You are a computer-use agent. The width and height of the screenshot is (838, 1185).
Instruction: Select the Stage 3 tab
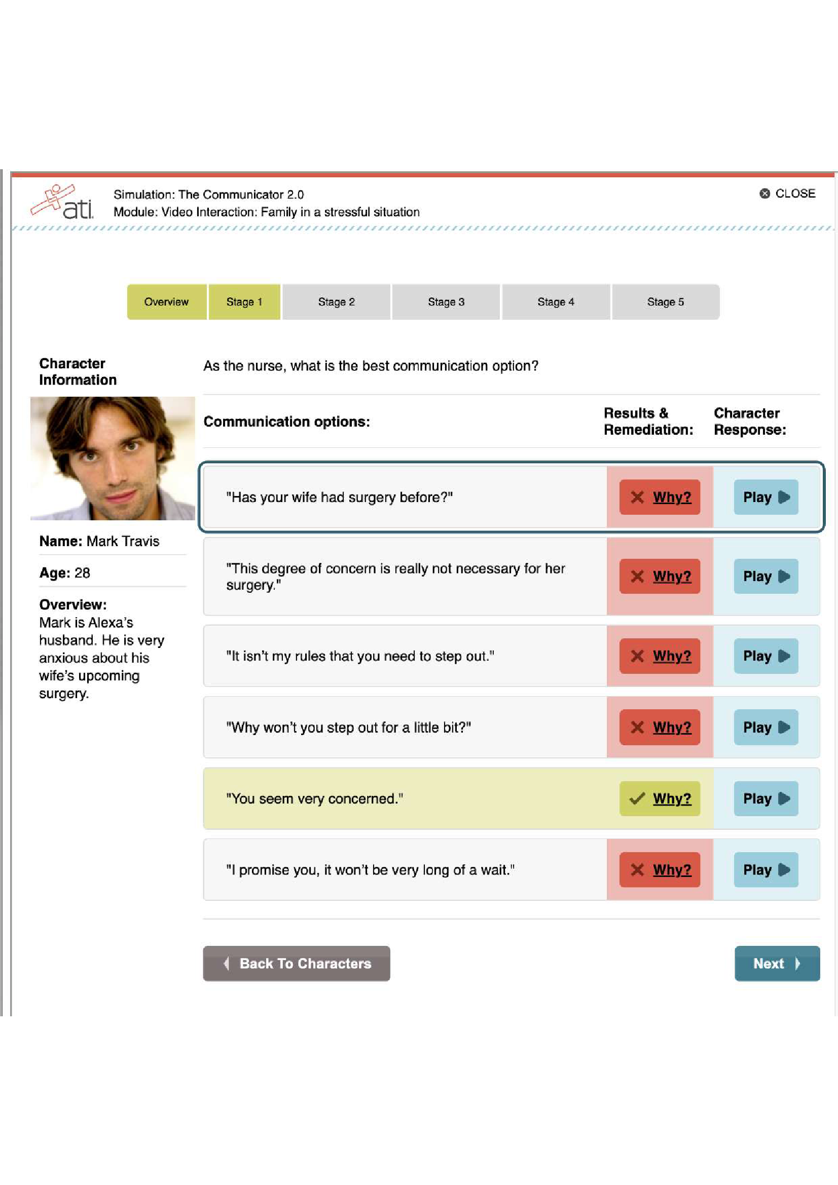(446, 302)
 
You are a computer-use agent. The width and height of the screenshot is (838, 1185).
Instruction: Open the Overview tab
(166, 302)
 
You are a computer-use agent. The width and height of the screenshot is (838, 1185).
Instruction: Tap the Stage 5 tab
(665, 302)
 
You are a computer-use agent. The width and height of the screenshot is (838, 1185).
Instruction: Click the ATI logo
(62, 202)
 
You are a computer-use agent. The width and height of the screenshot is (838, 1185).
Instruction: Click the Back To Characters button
(297, 963)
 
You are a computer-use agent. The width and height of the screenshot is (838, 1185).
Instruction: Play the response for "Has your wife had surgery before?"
(766, 497)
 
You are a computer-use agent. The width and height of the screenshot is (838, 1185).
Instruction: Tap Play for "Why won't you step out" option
(766, 727)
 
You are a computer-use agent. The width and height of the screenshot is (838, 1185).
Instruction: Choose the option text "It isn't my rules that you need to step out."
(360, 656)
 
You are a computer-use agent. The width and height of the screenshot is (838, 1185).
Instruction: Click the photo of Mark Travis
(113, 458)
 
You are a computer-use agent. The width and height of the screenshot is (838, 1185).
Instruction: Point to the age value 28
(82, 573)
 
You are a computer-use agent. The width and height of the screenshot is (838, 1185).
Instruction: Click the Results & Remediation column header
(648, 421)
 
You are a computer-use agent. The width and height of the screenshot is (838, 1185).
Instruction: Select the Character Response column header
(749, 421)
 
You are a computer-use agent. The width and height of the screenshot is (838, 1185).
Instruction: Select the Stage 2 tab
(336, 302)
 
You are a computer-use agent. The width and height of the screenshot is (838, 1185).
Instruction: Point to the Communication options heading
(286, 422)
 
